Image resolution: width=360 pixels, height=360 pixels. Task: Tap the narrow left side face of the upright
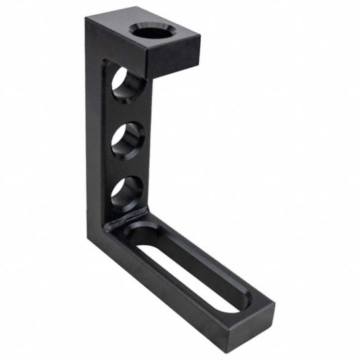click(95, 134)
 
